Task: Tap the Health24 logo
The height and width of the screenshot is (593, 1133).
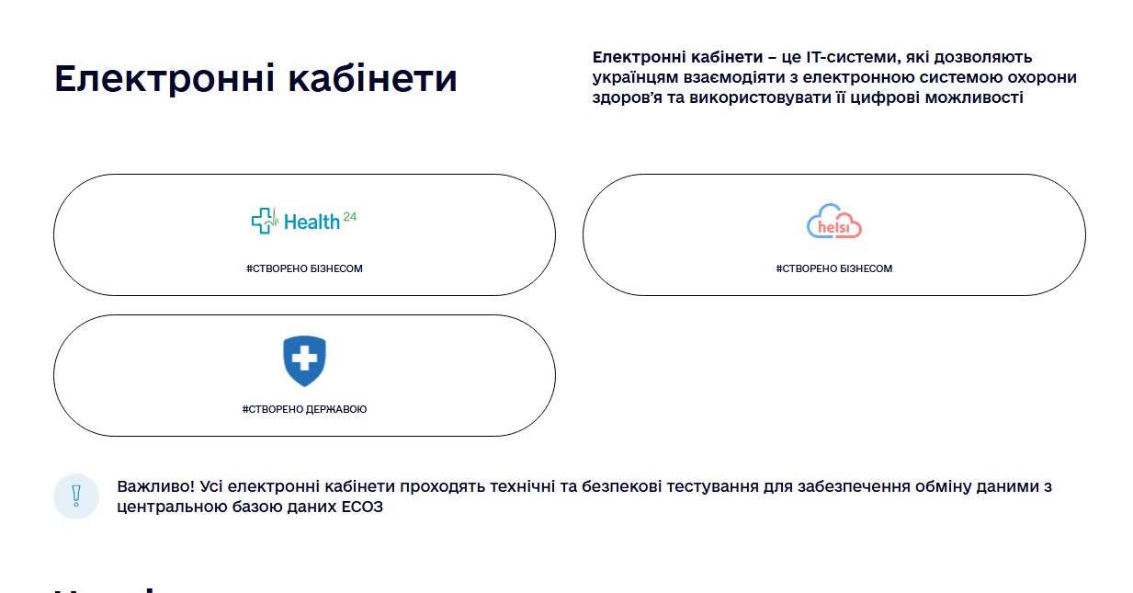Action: point(304,221)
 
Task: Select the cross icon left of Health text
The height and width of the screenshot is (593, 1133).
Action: point(265,221)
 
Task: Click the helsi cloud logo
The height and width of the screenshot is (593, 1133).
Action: point(834,222)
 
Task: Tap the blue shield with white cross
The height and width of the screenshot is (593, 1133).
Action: point(304,360)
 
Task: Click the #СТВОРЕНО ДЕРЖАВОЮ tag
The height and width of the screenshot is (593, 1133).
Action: point(304,409)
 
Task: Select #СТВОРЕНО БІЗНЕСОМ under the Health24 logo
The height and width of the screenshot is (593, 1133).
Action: point(304,268)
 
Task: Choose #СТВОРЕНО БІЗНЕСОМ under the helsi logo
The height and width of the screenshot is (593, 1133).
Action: point(834,268)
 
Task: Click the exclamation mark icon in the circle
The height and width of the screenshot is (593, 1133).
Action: point(76,496)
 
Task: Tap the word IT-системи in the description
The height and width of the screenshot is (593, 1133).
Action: point(844,58)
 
